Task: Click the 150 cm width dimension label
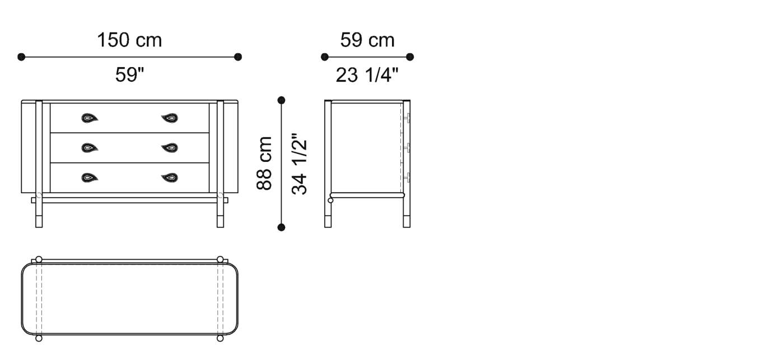[x=129, y=40]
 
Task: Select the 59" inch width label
[x=129, y=74]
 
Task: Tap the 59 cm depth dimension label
[x=367, y=40]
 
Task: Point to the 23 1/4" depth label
[x=367, y=74]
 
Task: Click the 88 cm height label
[x=264, y=163]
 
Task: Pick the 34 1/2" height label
[x=300, y=163]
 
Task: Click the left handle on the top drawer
[x=90, y=118]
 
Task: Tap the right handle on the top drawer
[x=170, y=118]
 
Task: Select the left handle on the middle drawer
[x=90, y=148]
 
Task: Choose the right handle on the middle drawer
[x=170, y=148]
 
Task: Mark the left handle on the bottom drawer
[x=90, y=178]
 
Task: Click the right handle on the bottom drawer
[x=170, y=178]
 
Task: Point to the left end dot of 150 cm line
[x=21, y=57]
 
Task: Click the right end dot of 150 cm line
[x=238, y=57]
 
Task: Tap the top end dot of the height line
[x=281, y=100]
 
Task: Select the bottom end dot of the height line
[x=281, y=227]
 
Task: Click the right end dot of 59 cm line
[x=410, y=57]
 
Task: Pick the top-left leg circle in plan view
[x=39, y=259]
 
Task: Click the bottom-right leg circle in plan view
[x=220, y=338]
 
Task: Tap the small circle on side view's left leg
[x=330, y=200]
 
